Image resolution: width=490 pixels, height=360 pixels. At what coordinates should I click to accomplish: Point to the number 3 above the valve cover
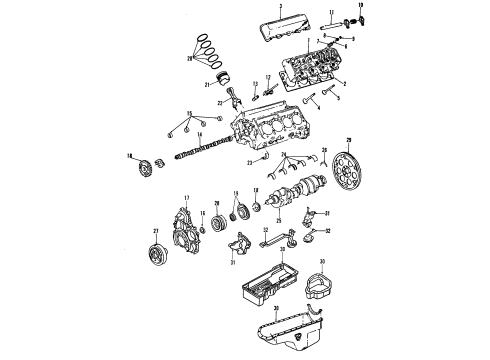tap(281, 7)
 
